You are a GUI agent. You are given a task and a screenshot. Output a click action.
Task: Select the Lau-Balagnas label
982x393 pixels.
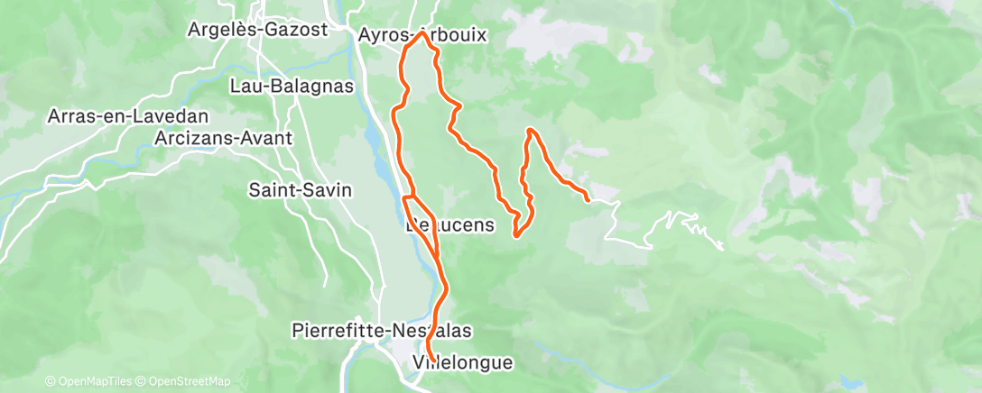(292, 86)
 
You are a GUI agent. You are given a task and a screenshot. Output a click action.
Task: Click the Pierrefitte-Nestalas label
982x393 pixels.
(383, 331)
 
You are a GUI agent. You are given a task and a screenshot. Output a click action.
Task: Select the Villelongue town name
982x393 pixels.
(462, 362)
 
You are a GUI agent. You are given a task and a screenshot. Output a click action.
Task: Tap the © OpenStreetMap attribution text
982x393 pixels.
(190, 381)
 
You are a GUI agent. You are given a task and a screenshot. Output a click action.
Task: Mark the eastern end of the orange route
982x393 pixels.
(588, 198)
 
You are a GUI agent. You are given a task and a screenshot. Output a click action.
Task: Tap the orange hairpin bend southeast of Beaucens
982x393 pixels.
(516, 235)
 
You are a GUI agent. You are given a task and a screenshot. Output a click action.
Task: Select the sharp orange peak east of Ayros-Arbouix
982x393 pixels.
(530, 131)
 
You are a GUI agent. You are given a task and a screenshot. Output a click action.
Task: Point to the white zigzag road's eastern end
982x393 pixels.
(723, 248)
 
